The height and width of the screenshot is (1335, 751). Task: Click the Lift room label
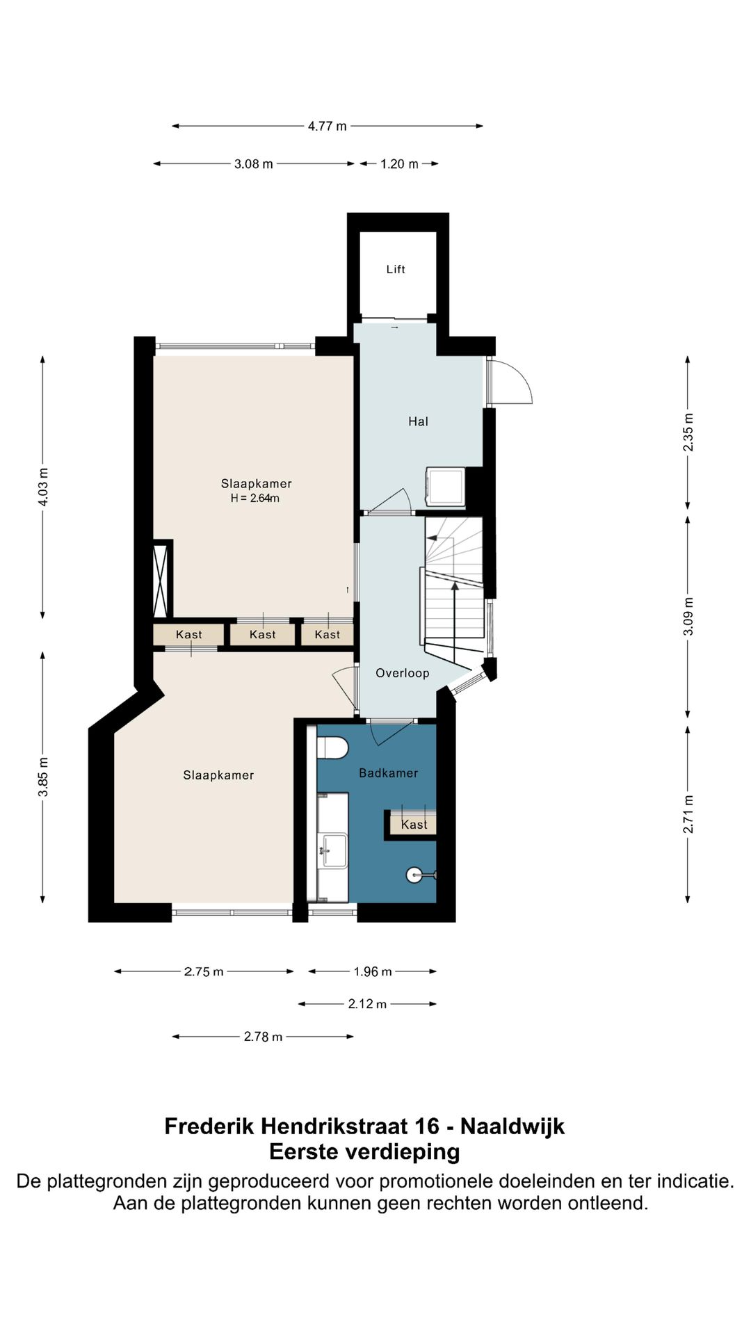396,269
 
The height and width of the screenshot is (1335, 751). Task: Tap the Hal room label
418,421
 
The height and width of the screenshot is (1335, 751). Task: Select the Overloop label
403,673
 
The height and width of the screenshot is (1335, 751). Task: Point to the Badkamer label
389,772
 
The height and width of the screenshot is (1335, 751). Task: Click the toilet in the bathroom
332,747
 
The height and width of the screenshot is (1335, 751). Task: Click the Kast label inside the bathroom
414,825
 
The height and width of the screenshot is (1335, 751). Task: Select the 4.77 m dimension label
328,126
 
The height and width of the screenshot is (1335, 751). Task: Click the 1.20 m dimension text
399,164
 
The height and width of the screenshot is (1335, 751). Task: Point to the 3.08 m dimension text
253,164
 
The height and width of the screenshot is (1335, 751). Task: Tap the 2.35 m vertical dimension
688,432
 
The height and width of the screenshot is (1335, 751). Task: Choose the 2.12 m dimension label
367,1004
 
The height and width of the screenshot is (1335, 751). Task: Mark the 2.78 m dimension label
263,1037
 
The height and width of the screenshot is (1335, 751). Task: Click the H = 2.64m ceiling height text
255,499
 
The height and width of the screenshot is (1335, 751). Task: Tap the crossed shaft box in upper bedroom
161,578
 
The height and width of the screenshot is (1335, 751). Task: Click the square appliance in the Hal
446,487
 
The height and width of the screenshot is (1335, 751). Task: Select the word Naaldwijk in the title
512,1126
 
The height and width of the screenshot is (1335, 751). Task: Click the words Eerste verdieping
365,1152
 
